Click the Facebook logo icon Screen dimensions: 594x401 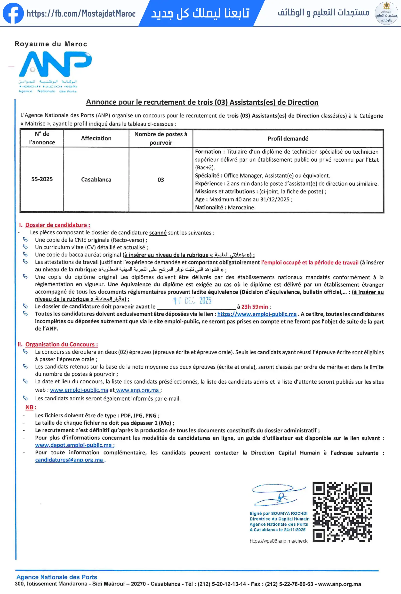point(13,13)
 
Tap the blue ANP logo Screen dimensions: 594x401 point(55,64)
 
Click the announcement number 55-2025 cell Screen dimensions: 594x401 point(42,179)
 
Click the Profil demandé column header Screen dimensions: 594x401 point(288,139)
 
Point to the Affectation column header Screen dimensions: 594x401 point(96,138)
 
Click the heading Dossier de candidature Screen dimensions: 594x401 point(57,225)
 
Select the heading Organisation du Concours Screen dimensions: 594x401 point(61,344)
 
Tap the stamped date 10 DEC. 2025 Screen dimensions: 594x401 point(192,301)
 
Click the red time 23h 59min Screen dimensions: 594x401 point(255,307)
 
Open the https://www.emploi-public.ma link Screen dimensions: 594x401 point(257,314)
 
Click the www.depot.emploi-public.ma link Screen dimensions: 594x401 point(73,445)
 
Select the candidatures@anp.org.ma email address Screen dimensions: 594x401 point(69,460)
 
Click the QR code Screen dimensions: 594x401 point(342,512)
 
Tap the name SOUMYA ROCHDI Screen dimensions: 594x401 point(289,513)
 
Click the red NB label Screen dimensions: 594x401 point(29,407)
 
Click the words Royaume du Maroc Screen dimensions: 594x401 point(51,44)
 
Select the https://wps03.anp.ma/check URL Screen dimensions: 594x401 point(278,541)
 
